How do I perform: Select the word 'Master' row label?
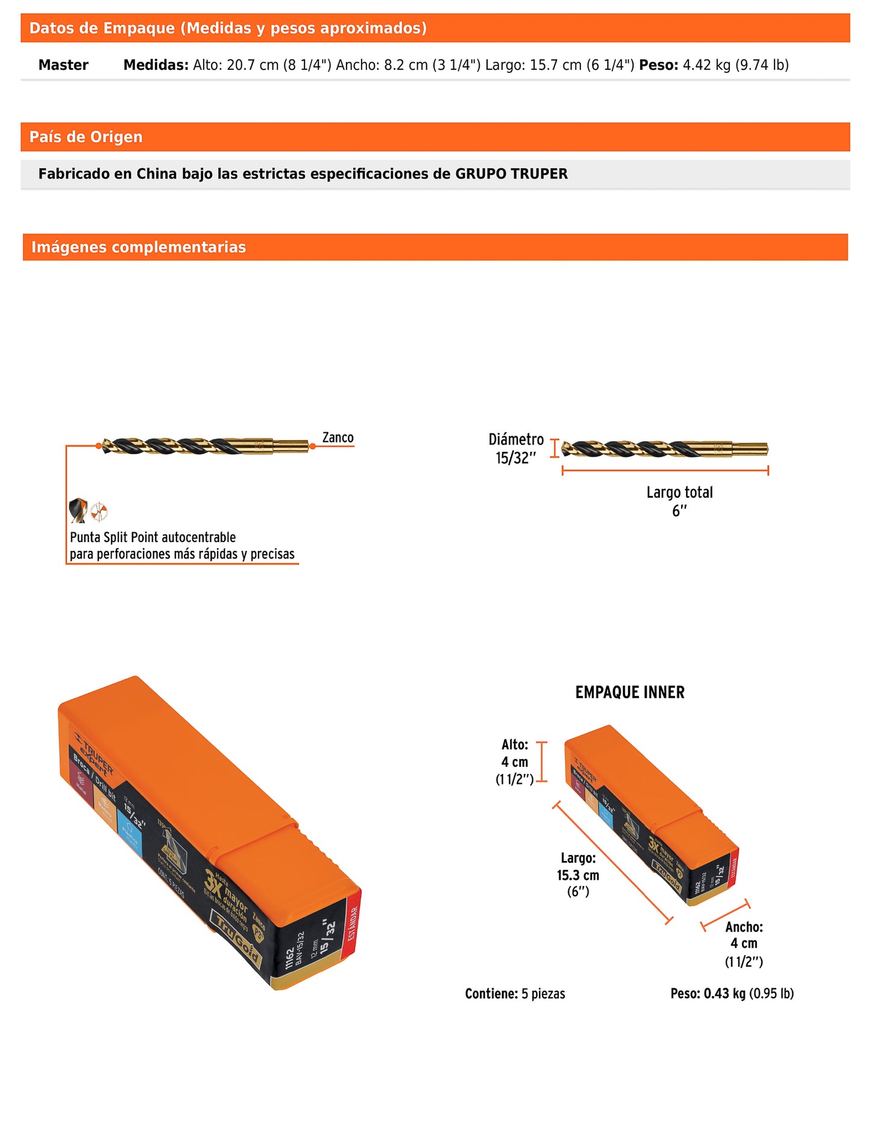(x=63, y=65)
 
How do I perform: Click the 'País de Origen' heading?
(x=86, y=137)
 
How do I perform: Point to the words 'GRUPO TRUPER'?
(x=511, y=174)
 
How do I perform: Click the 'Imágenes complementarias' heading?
(x=139, y=247)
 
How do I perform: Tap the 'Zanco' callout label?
(x=338, y=438)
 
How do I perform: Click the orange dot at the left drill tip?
(x=98, y=446)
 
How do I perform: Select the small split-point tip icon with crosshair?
(x=99, y=512)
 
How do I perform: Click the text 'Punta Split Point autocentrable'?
(x=153, y=537)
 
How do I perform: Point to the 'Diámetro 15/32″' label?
(x=516, y=449)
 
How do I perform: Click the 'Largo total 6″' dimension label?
(x=679, y=501)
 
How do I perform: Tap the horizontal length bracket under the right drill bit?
(x=665, y=470)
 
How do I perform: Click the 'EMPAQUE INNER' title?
(x=630, y=692)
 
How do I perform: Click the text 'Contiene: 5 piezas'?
(x=515, y=994)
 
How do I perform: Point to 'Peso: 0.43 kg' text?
(x=708, y=994)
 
